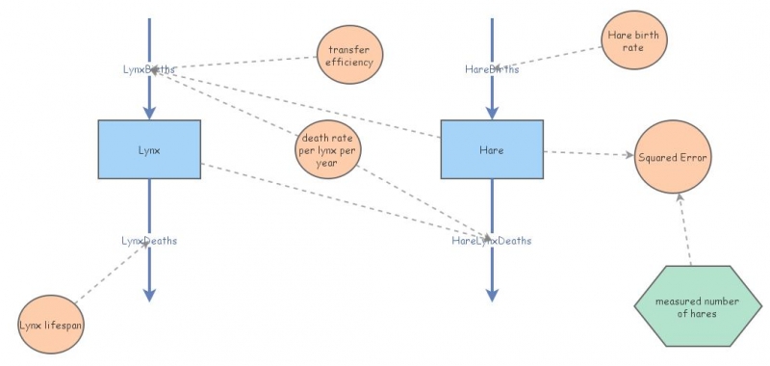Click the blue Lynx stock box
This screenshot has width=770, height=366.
pos(149,149)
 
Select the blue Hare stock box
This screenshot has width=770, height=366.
pos(491,149)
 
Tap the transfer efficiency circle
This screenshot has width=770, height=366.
pos(351,55)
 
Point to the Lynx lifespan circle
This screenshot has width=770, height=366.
pos(51,326)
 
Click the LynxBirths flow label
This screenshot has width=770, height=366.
pos(149,69)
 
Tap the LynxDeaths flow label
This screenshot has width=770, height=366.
pos(149,240)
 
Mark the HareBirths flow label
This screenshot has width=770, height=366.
pos(492,69)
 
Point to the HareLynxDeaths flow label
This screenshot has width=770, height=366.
pos(492,240)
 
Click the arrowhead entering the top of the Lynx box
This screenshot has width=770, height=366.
pos(149,113)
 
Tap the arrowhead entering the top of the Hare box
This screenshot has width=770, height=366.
pos(492,113)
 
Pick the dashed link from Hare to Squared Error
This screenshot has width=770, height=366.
pos(587,153)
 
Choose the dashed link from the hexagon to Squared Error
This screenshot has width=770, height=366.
pos(684,226)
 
